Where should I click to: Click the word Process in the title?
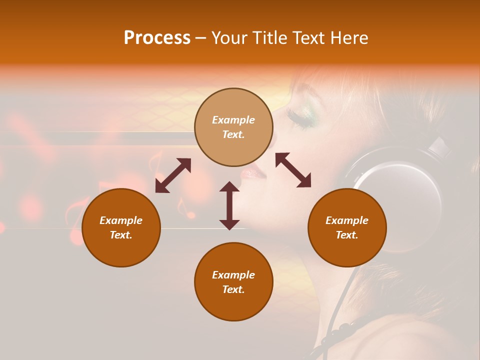[157, 38]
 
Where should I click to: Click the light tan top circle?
[233, 127]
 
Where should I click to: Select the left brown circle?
[121, 227]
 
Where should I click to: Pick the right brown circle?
[347, 227]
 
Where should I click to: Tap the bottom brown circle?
[233, 281]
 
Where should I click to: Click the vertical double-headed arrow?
[229, 205]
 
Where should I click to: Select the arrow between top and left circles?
[173, 175]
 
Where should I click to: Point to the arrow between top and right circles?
[293, 170]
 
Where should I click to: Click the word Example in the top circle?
[233, 120]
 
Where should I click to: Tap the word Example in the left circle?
[121, 220]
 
